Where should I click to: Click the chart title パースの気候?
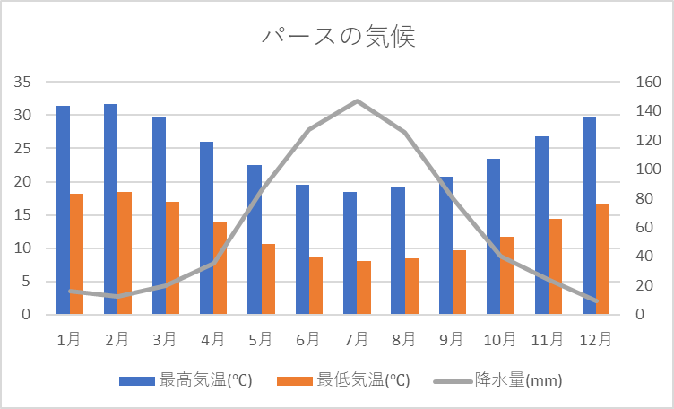pyautogui.click(x=338, y=37)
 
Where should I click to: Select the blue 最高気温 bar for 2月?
pyautogui.click(x=111, y=209)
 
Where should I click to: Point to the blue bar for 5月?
pyautogui.click(x=255, y=239)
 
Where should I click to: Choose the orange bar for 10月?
pyautogui.click(x=506, y=275)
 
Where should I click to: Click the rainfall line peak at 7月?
pyautogui.click(x=357, y=100)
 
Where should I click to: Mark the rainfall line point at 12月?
pyautogui.click(x=596, y=300)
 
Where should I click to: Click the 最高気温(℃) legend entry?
pyautogui.click(x=186, y=380)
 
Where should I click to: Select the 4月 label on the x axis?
pyautogui.click(x=213, y=339)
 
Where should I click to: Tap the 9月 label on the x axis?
pyautogui.click(x=452, y=339)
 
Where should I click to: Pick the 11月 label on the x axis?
pyautogui.click(x=548, y=339)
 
